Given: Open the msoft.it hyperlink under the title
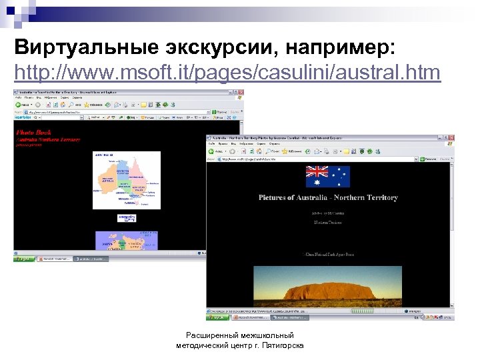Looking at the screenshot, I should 227,71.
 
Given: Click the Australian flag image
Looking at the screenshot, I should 327,177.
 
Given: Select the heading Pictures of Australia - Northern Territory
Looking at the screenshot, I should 327,197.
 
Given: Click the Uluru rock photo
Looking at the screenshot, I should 327,283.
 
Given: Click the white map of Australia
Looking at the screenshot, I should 127,179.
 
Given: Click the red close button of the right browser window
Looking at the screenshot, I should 451,138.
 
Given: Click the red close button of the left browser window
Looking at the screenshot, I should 240,91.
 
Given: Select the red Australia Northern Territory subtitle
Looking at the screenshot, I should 48,139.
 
